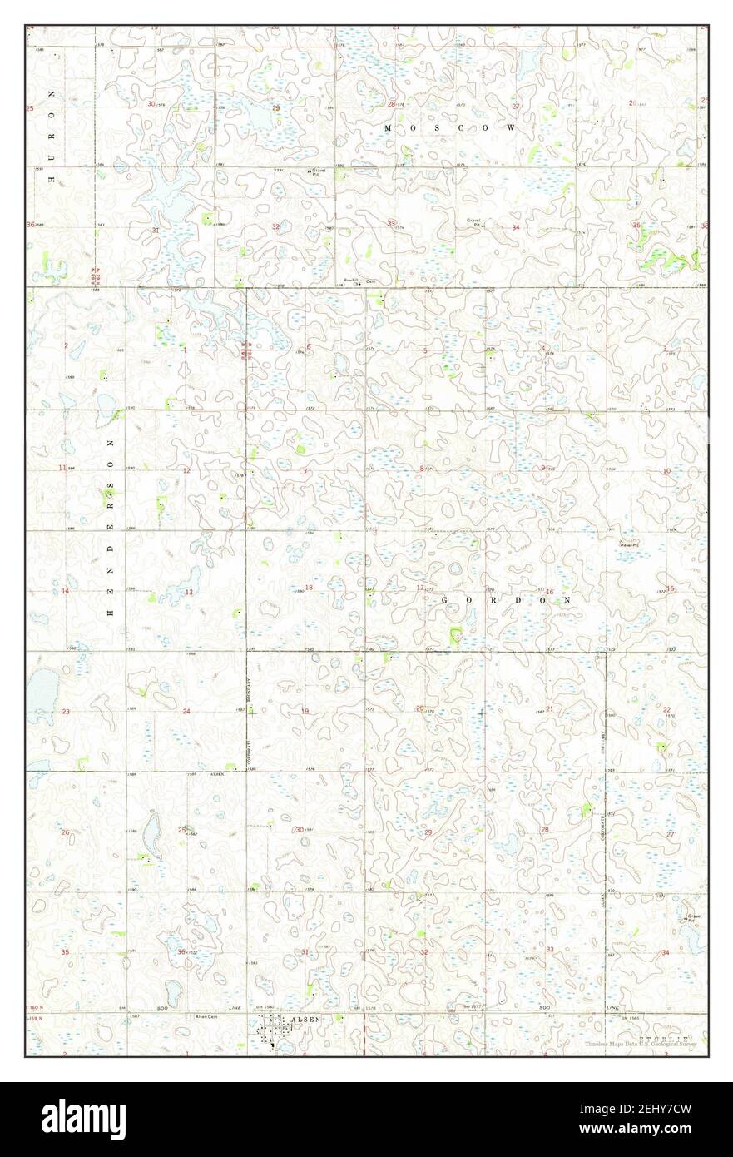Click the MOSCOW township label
point(450,127)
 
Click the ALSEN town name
point(304,1018)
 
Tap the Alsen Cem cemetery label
point(206,1016)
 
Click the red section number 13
point(189,592)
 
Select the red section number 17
point(420,588)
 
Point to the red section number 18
point(309,588)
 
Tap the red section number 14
point(65,591)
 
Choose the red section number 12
point(187,471)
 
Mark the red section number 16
point(549,592)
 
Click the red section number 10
point(666,471)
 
